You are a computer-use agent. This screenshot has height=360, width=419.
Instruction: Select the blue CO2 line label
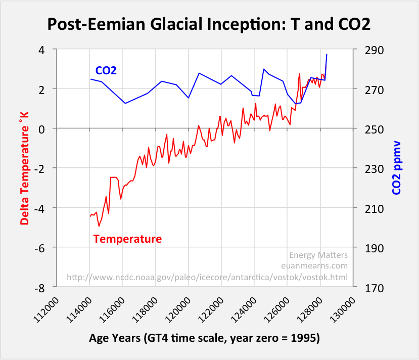point(106,70)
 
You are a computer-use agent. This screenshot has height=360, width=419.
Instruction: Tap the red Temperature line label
point(128,239)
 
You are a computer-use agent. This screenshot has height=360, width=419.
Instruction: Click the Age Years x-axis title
point(205,338)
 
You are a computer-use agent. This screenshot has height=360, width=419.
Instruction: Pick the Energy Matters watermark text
point(318,255)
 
